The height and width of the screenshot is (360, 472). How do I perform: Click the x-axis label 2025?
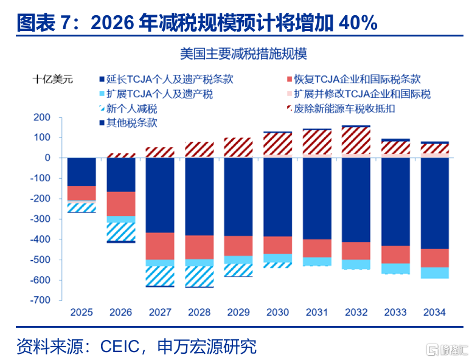pos(82,312)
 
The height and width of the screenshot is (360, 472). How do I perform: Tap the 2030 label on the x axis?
pos(277,312)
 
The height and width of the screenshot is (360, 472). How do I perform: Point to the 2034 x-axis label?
pos(434,312)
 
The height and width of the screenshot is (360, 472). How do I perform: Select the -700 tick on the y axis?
pos(40,300)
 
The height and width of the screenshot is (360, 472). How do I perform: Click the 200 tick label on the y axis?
pos(42,117)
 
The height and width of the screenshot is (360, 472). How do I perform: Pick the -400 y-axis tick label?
pos(40,240)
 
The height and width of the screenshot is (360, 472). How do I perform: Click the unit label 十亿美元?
pos(53,80)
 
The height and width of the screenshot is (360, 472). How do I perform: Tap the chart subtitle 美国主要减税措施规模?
pos(243,54)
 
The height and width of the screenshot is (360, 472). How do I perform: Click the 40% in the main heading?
pos(358,23)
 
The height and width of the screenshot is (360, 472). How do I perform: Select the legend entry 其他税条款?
pos(128,123)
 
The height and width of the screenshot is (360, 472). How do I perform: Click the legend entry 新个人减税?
pos(128,109)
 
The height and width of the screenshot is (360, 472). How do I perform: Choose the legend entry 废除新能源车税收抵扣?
pos(341,109)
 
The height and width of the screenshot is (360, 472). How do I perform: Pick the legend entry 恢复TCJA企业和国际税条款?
pos(354,80)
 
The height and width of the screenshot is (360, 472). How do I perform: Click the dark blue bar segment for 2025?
pos(82,172)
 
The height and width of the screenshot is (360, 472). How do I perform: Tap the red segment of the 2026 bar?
pos(121,204)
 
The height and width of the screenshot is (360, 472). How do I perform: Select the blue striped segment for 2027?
pos(160,276)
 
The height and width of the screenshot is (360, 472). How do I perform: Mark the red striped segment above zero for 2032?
pos(356,140)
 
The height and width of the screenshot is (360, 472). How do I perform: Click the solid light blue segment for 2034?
pos(435,272)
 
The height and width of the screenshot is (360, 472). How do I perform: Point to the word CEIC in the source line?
pos(119,347)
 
